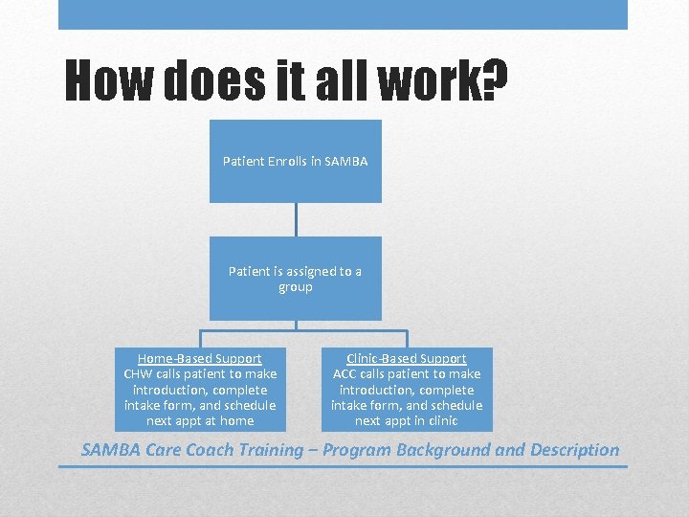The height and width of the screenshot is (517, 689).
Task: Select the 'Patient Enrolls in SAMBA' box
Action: pyautogui.click(x=296, y=161)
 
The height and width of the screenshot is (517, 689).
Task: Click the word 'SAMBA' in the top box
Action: pyautogui.click(x=346, y=162)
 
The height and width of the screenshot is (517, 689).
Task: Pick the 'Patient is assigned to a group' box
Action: pyautogui.click(x=296, y=279)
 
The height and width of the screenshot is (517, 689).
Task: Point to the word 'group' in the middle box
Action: pyautogui.click(x=296, y=287)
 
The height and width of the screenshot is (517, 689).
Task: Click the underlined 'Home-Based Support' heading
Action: pyautogui.click(x=200, y=358)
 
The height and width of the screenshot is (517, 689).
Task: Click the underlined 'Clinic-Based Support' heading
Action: pyautogui.click(x=407, y=358)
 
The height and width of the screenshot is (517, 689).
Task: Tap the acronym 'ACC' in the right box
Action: pyautogui.click(x=345, y=374)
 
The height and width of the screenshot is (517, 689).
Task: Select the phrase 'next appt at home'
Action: pyautogui.click(x=200, y=421)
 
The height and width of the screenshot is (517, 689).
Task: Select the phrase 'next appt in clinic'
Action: pyautogui.click(x=407, y=421)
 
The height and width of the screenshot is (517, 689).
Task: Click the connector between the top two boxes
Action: pyautogui.click(x=296, y=219)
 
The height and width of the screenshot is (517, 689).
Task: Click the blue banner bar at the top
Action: pyautogui.click(x=343, y=14)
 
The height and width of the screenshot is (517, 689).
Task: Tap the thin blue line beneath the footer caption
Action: pyautogui.click(x=343, y=466)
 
